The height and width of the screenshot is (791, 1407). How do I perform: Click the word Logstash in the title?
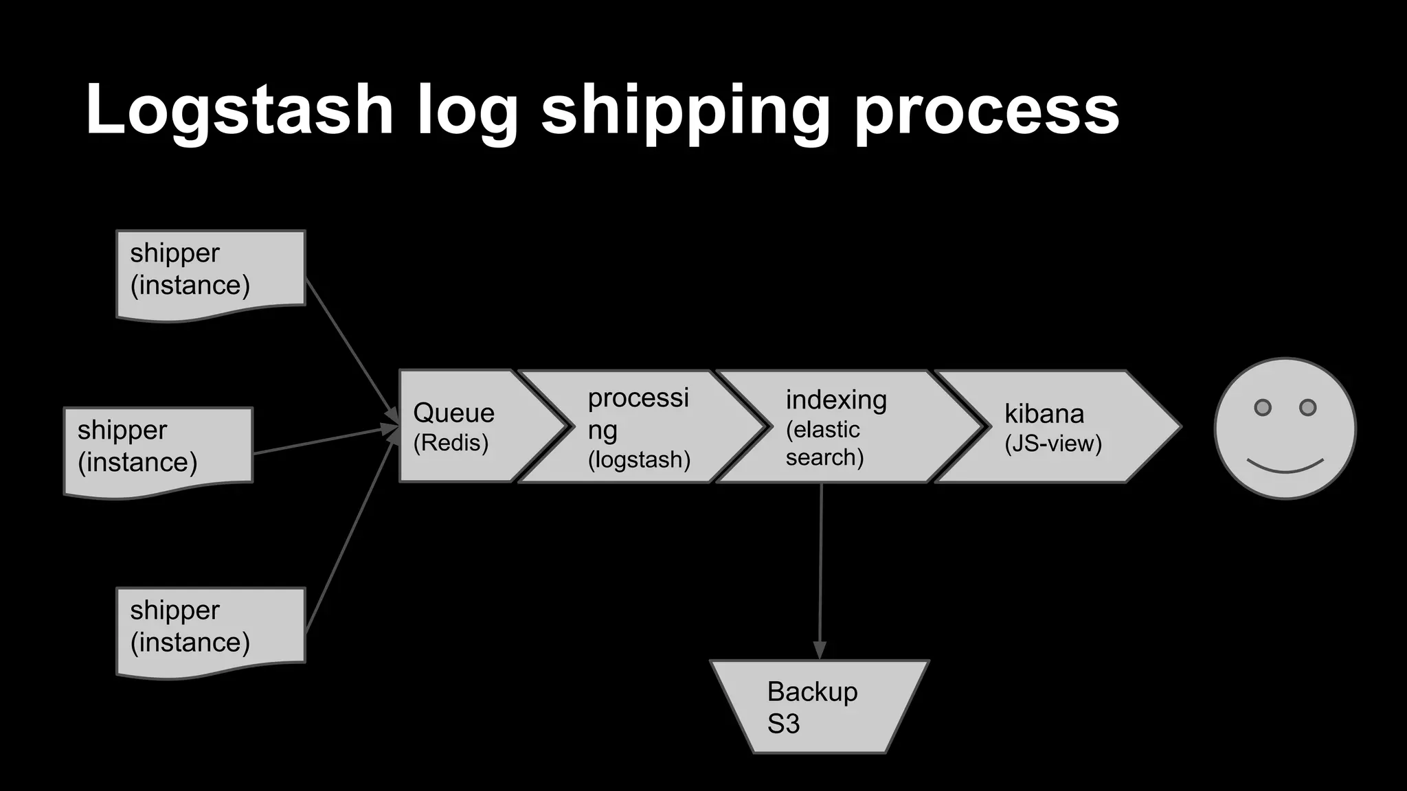pos(239,110)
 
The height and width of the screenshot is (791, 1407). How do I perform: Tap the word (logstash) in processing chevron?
pos(638,459)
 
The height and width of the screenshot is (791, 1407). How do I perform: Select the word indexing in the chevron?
pos(836,400)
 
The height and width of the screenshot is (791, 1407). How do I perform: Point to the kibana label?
pos(1044,413)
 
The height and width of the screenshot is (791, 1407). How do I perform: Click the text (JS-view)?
pos(1053,444)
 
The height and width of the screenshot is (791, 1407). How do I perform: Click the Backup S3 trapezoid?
pos(819,707)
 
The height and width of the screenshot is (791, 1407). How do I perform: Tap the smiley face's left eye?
pos(1262,407)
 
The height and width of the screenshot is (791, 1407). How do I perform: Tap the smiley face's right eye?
pos(1307,407)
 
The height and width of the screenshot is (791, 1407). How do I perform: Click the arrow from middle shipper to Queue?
pos(323,441)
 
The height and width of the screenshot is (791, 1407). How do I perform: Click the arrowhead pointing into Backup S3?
pos(820,650)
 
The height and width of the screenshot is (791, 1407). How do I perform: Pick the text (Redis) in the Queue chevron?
pos(451,443)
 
